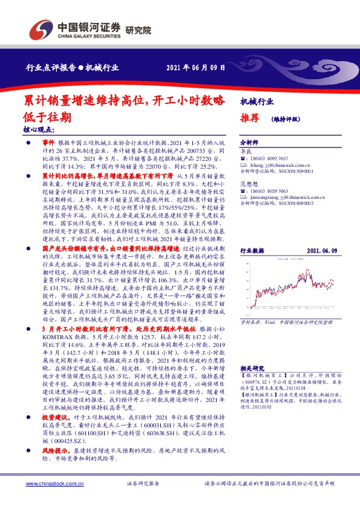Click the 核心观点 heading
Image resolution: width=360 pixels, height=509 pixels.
(39, 129)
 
